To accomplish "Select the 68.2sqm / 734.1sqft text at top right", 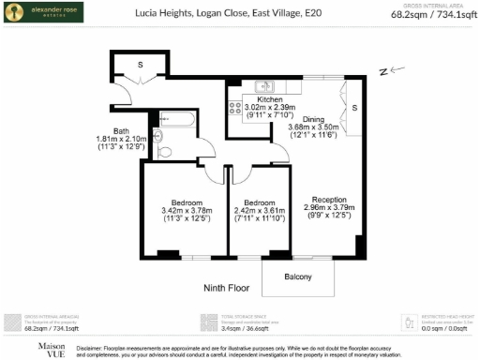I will coord(432,16).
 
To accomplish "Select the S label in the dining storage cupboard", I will coord(354,108).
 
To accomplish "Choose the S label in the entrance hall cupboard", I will coord(140,64).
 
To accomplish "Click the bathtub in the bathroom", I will coord(176,120).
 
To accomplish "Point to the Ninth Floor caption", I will coord(227,290).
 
